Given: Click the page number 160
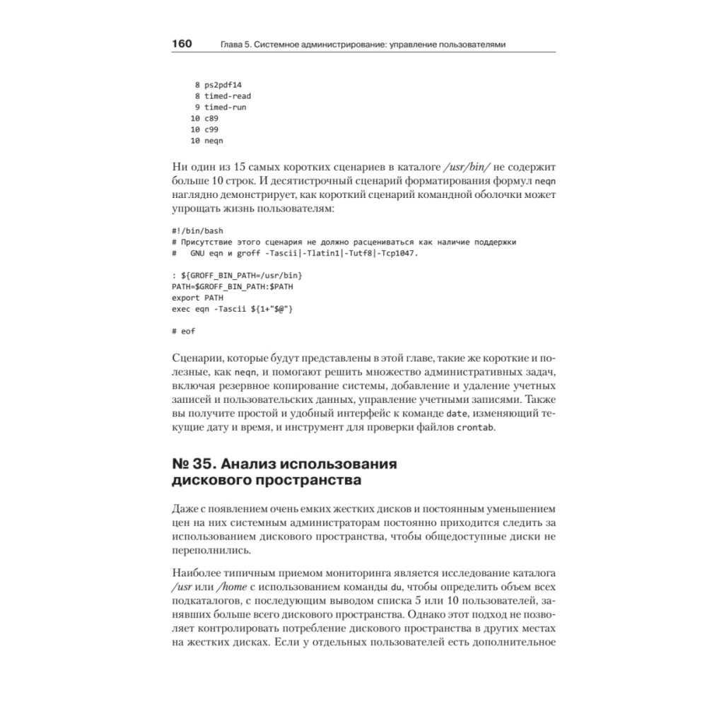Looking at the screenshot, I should click(182, 44).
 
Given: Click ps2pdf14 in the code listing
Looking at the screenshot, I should click(223, 84).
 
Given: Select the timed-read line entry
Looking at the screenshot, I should click(228, 95).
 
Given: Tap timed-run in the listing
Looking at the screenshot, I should click(226, 107).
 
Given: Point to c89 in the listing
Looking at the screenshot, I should click(211, 118).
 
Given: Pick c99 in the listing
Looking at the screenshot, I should click(211, 129).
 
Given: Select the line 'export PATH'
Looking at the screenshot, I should click(197, 298).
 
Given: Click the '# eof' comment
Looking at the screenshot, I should click(183, 332).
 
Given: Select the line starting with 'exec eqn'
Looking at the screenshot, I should click(232, 310).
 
